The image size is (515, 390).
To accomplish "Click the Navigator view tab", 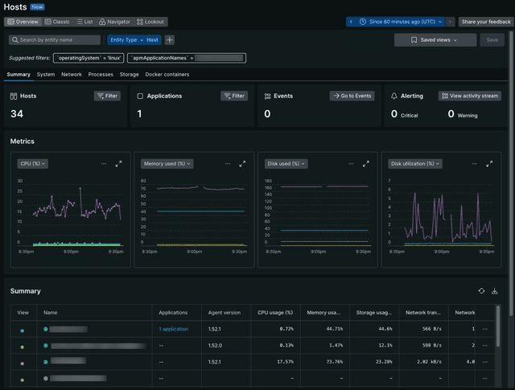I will tap(114, 22).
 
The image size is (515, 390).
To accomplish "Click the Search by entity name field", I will tap(55, 39).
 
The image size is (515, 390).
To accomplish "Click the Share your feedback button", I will tap(485, 22).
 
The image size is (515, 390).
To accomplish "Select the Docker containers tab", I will tap(167, 74).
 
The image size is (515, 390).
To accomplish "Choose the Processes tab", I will tap(101, 74).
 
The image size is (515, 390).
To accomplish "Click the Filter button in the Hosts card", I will tap(107, 96).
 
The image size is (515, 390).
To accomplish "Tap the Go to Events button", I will tap(352, 96).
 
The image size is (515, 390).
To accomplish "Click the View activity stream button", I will tap(469, 96).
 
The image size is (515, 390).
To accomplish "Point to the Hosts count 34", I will tap(17, 114).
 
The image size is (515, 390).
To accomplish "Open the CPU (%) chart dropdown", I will tap(33, 163).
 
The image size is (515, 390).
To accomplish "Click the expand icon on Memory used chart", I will tap(242, 163).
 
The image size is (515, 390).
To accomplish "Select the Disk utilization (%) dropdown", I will tap(415, 163).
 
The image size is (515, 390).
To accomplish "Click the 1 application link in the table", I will tap(173, 330).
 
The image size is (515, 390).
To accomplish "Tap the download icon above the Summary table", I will tap(495, 291).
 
